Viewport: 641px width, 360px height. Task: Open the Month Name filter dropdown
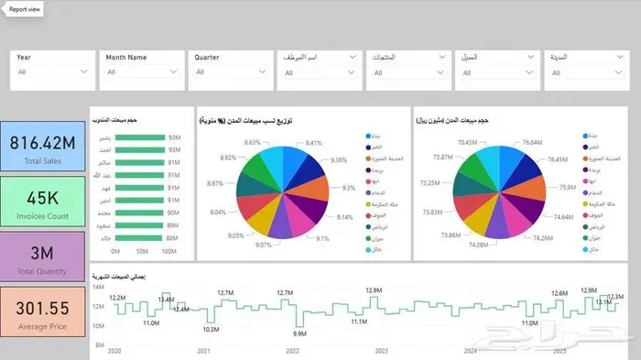coord(174,71)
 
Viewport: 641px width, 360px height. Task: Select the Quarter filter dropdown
coord(263,71)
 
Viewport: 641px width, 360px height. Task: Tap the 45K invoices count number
coord(42,198)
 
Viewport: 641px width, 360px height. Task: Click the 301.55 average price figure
coord(42,310)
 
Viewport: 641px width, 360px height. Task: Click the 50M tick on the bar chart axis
coord(143,250)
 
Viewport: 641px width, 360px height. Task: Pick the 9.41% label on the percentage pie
coord(313,143)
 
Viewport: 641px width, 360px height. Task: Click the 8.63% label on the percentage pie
coord(253,143)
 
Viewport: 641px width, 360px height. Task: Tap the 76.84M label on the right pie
coord(533,143)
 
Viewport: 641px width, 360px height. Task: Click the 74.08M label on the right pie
coord(477,245)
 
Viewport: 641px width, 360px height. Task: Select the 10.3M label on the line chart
coord(212,329)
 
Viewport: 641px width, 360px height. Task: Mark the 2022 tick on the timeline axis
coord(292,351)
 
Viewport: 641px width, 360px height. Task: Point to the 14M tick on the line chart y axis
coord(98,287)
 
